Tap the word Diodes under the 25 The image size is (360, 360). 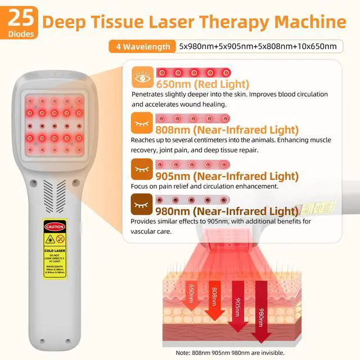[x=20, y=33]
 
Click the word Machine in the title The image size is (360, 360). [x=312, y=22]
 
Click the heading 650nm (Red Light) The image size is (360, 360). [x=196, y=84]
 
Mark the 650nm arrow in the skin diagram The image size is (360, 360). [x=191, y=298]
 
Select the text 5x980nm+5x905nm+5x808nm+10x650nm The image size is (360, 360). [x=257, y=46]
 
